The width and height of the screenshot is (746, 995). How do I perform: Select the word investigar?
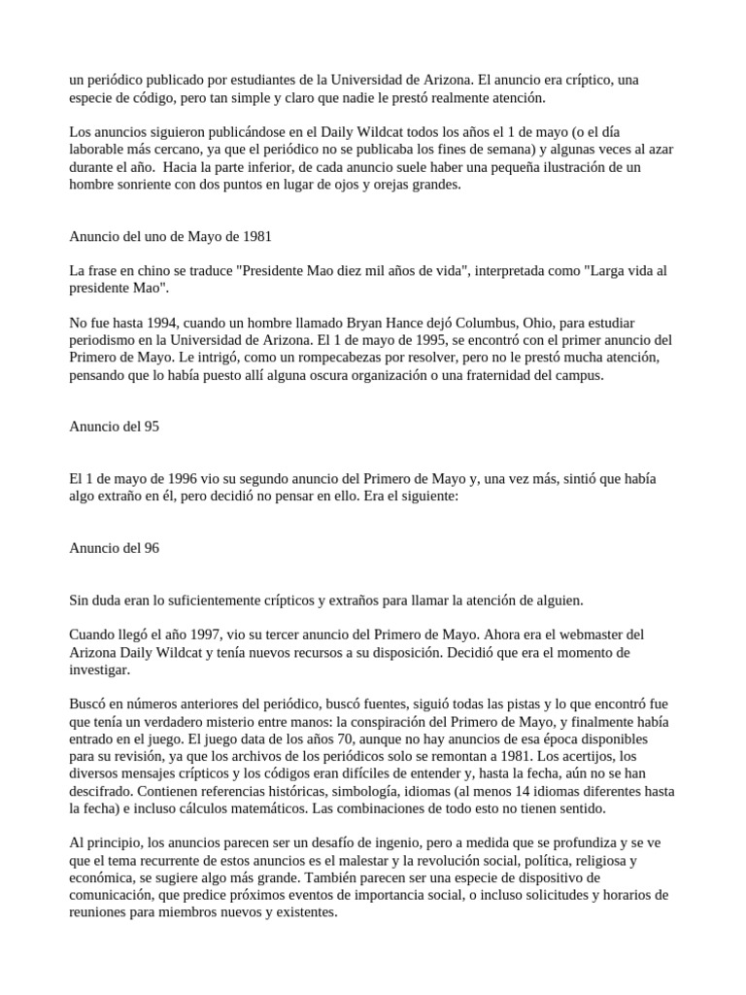coord(102,669)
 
